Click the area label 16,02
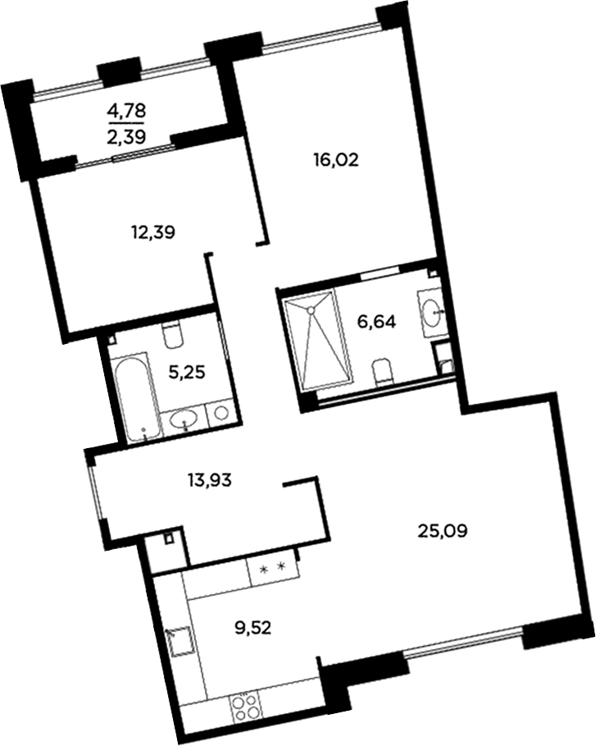[x=335, y=161]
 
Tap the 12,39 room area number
[x=153, y=232]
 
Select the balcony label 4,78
[x=126, y=112]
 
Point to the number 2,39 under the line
[x=126, y=136]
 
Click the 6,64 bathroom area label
[x=376, y=322]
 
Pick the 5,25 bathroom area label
[x=187, y=373]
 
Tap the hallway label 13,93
[x=210, y=481]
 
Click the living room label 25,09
[x=443, y=529]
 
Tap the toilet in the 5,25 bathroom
[x=172, y=334]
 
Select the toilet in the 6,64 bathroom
[x=382, y=372]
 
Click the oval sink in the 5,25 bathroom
[x=184, y=420]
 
